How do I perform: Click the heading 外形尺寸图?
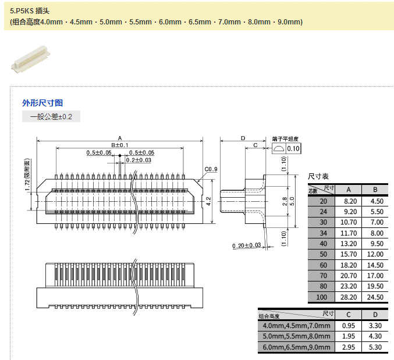(42, 103)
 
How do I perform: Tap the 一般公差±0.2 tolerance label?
(51, 117)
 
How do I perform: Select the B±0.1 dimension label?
(120, 145)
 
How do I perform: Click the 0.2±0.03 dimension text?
(139, 160)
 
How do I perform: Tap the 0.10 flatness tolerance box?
(293, 148)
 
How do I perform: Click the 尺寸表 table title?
(318, 176)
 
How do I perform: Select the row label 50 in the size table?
(323, 255)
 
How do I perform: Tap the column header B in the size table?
(375, 190)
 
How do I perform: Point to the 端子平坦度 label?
(285, 139)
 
